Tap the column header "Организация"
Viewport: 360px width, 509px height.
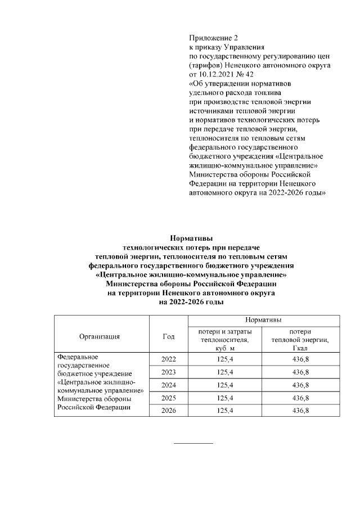pyautogui.click(x=101, y=336)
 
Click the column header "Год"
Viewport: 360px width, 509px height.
pyautogui.click(x=168, y=336)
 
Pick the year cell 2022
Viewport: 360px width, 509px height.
pyautogui.click(x=168, y=359)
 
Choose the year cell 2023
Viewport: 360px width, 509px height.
pyautogui.click(x=168, y=372)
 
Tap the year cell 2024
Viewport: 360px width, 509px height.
pyautogui.click(x=168, y=385)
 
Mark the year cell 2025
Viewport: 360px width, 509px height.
pyautogui.click(x=168, y=398)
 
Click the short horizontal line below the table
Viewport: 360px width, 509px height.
pyautogui.click(x=193, y=443)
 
